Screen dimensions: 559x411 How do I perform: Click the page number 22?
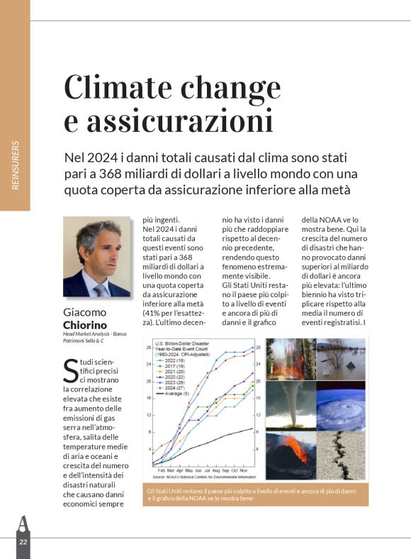click(23, 541)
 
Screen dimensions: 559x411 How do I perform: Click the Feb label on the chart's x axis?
click(162, 470)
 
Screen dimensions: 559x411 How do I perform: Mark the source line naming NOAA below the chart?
click(203, 477)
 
